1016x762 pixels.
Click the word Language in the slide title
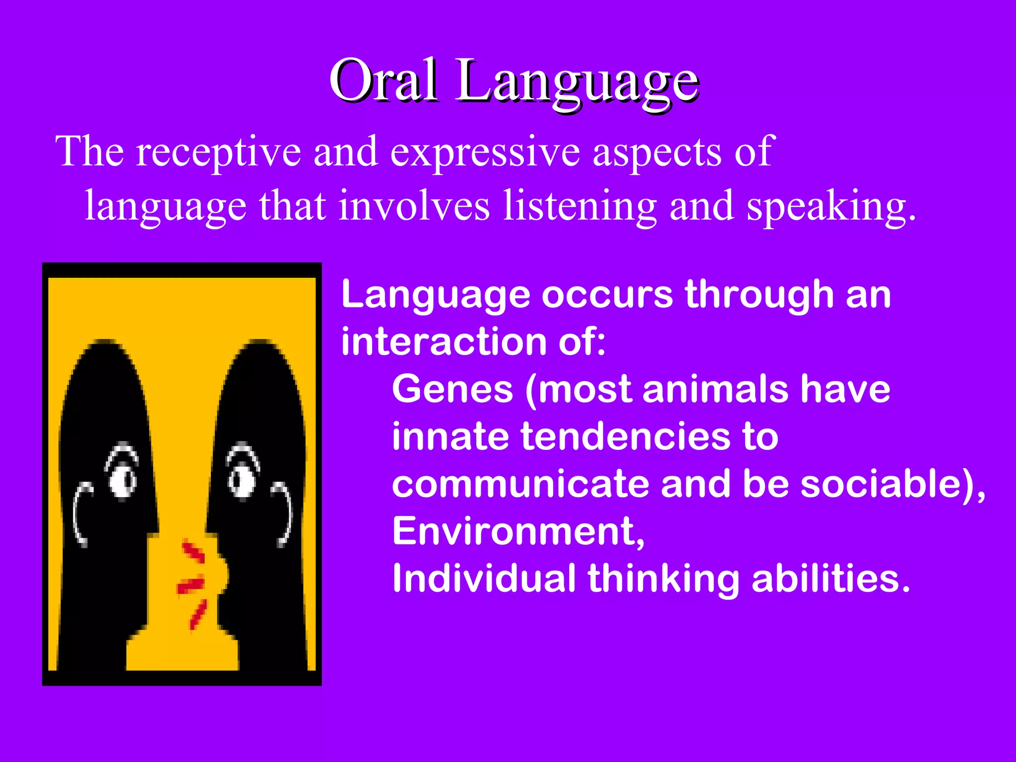(x=577, y=82)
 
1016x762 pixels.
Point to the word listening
(x=579, y=206)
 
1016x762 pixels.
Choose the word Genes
(x=452, y=389)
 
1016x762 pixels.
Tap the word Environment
(x=517, y=531)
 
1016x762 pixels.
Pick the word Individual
(x=484, y=578)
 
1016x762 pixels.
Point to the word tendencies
(x=625, y=437)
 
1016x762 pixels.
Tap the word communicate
(x=520, y=484)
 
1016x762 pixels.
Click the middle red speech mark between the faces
(x=190, y=585)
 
